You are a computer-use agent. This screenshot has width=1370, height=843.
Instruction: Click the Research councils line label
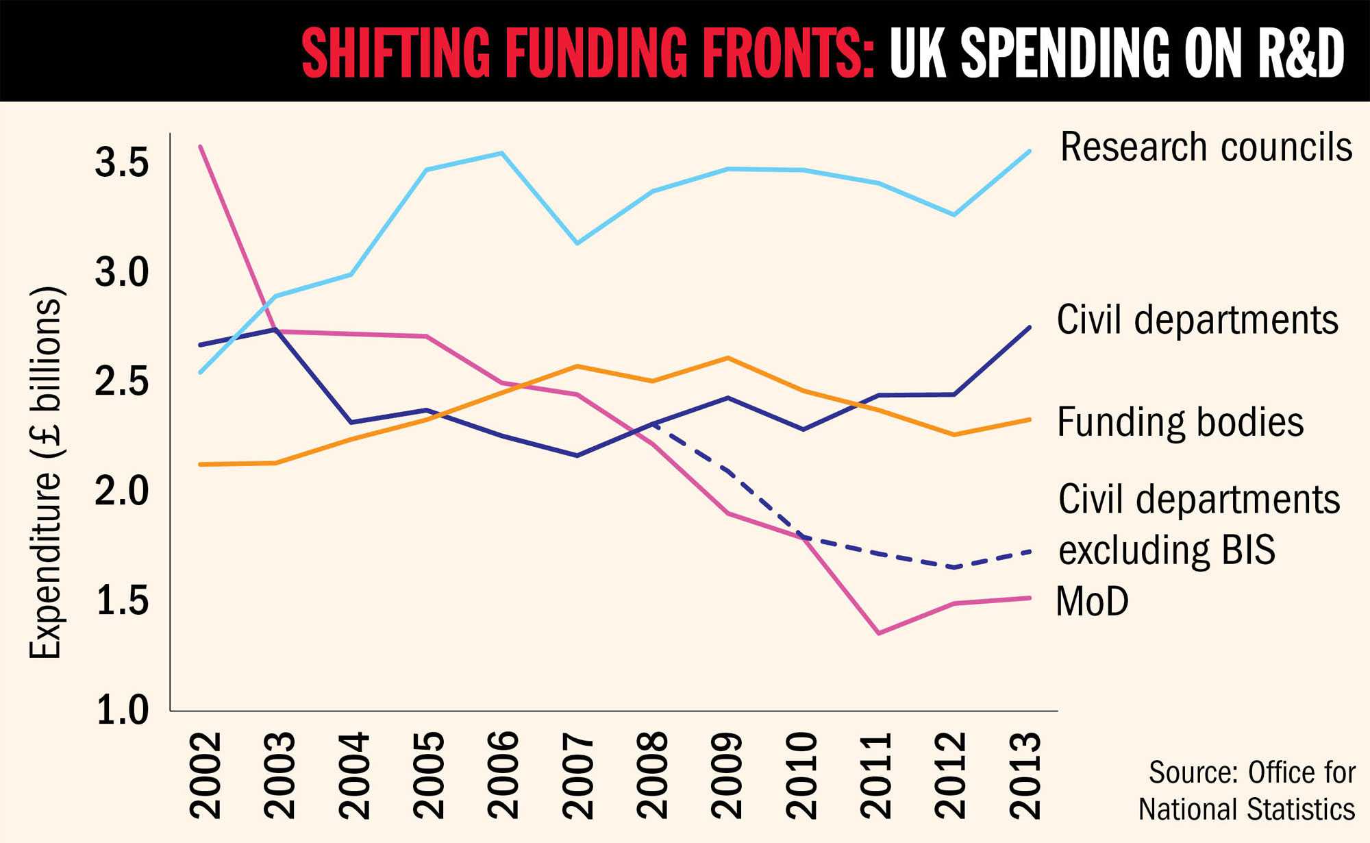point(1206,147)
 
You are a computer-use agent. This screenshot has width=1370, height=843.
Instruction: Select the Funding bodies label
point(1180,422)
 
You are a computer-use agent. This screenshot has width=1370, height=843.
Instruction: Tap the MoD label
point(1092,602)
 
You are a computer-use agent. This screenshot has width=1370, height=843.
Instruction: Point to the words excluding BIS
point(1167,550)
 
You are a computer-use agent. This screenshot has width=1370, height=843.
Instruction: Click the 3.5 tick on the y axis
point(122,163)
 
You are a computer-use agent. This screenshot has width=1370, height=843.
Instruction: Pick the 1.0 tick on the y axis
point(122,711)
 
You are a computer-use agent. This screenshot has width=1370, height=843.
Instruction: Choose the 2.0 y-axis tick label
point(122,491)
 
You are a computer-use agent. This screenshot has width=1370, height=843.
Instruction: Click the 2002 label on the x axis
point(206,775)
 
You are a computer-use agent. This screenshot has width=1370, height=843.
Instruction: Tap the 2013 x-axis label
point(1025,775)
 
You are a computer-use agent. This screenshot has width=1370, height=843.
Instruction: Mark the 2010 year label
point(801,775)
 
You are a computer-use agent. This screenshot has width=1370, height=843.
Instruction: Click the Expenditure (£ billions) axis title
point(46,473)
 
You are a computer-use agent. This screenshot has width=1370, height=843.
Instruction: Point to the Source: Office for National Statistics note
point(1247,791)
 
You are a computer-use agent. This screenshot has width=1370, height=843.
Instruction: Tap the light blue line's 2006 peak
point(502,153)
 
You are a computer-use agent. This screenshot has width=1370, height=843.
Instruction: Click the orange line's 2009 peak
point(727,358)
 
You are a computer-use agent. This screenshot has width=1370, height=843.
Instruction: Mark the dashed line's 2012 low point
point(954,567)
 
